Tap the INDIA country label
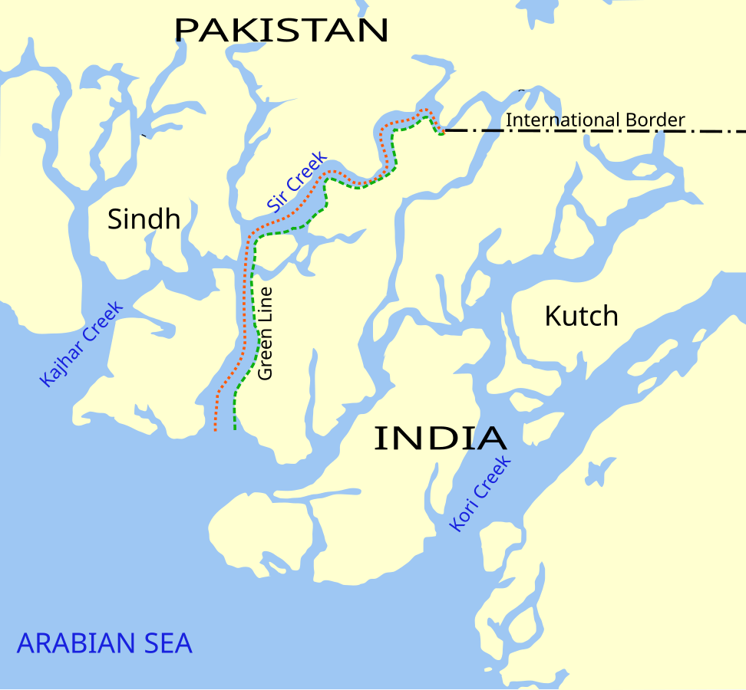point(440,439)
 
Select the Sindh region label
point(144,219)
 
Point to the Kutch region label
point(581,316)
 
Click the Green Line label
point(266,333)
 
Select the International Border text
point(595,120)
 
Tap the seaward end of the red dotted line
point(216,431)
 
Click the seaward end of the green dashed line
point(234,429)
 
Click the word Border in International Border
point(654,120)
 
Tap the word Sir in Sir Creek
point(276,202)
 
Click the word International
point(563,120)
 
